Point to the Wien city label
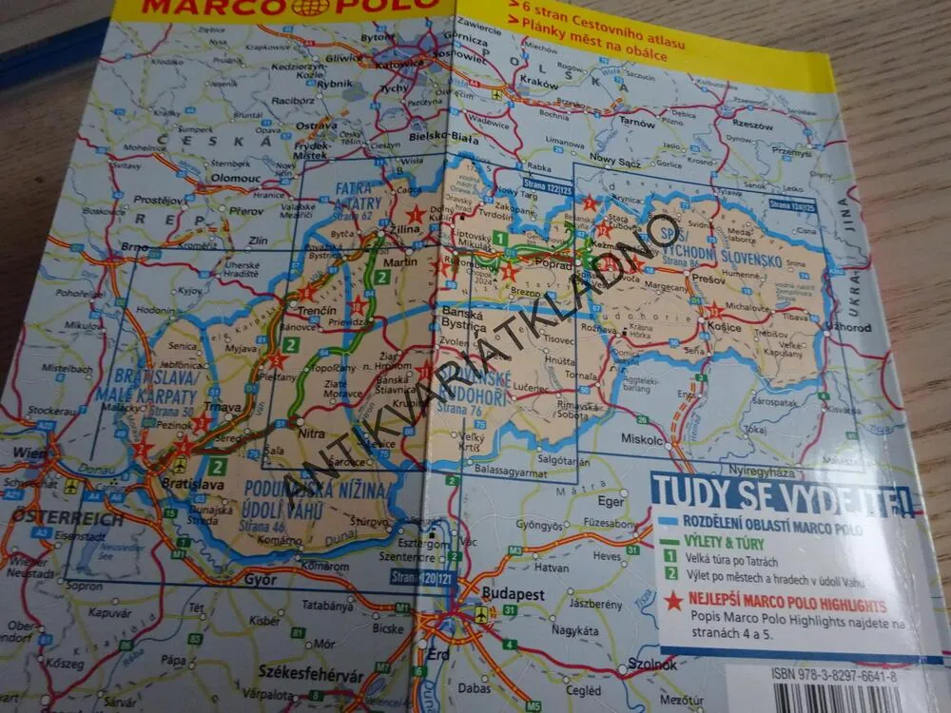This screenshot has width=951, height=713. (x=29, y=453)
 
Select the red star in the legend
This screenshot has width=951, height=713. (x=674, y=601)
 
